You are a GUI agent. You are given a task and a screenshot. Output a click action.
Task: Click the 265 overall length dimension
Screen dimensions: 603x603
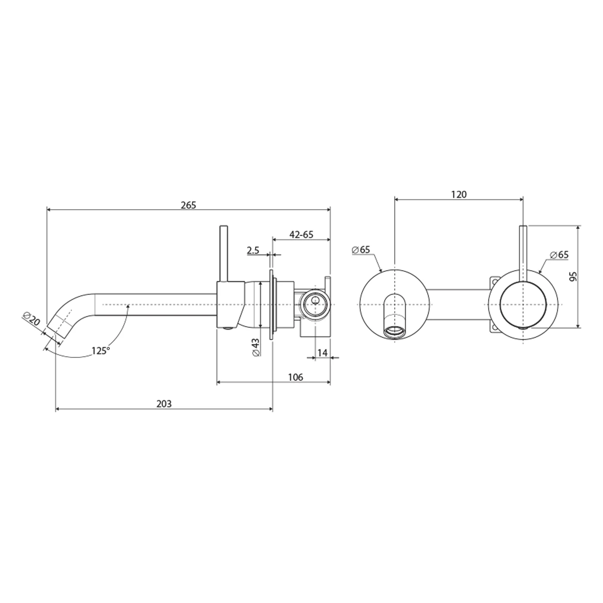188,205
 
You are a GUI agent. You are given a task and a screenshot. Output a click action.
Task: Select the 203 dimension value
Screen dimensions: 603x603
164,404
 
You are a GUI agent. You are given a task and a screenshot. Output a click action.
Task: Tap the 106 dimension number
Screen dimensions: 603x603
295,377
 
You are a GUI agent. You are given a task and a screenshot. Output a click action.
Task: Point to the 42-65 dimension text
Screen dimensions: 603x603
301,235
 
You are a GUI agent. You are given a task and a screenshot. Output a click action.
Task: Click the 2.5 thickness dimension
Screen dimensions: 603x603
253,250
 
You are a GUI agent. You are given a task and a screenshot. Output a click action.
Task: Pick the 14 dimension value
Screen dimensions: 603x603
322,353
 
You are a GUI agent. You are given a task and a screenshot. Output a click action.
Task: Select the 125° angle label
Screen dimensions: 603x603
100,351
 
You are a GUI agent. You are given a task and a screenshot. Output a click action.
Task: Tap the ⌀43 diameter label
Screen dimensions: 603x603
255,347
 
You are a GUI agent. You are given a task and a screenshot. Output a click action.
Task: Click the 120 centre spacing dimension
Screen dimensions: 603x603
459,195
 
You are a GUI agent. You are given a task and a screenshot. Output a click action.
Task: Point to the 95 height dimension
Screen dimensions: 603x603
573,276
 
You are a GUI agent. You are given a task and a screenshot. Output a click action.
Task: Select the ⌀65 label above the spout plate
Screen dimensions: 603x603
361,250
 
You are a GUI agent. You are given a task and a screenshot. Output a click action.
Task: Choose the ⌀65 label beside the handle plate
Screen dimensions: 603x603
559,255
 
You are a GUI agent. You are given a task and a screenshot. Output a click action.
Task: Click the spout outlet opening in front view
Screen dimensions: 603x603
395,332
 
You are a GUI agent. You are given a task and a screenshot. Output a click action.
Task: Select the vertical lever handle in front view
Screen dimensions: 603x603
523,252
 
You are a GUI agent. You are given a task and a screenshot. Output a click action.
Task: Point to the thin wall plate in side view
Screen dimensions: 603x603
271,305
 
